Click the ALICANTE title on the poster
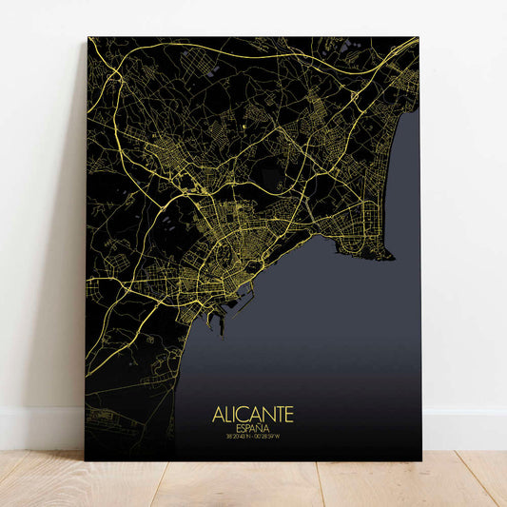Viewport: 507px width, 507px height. click(253, 415)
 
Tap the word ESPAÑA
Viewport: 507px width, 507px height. click(253, 429)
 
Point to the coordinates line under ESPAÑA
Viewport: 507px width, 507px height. click(253, 439)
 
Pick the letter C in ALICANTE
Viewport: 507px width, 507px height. click(244, 415)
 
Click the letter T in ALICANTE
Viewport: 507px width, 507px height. click(278, 415)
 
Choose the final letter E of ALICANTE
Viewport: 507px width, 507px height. click(289, 415)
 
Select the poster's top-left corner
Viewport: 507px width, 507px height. click(88, 37)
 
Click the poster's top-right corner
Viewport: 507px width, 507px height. click(419, 37)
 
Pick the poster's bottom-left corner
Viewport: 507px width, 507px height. click(86, 460)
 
